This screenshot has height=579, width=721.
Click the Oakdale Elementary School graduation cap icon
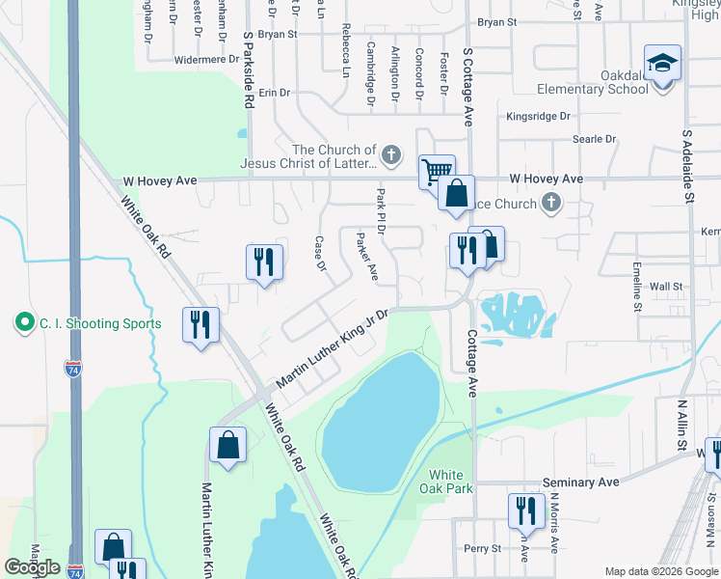662,64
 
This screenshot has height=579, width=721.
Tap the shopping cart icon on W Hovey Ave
438,172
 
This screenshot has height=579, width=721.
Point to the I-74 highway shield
73,369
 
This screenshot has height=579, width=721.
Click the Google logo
32,567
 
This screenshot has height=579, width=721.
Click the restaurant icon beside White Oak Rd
200,324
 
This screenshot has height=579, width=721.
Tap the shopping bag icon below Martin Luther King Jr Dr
228,446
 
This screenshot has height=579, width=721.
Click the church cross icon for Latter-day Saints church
391,152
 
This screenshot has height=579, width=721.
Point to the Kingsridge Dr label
538,116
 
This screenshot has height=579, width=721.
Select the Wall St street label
665,287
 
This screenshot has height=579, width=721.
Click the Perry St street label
482,548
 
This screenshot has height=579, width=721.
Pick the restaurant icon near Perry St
525,510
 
